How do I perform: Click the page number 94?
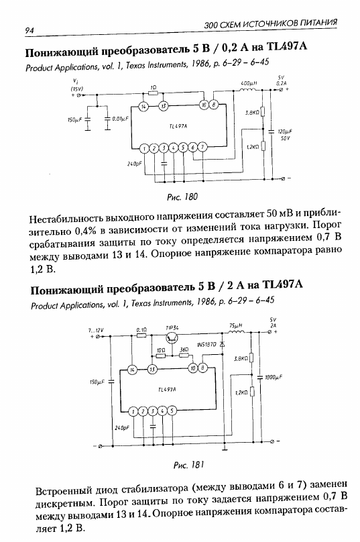[29, 30]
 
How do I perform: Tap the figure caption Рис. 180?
[182, 197]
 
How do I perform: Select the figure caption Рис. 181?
[188, 465]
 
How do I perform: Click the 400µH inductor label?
[249, 83]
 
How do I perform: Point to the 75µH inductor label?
[236, 325]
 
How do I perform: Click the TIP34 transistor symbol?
[171, 337]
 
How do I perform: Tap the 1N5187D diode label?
[206, 345]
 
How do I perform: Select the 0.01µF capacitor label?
[120, 119]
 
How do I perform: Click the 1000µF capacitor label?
[274, 378]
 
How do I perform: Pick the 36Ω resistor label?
[184, 349]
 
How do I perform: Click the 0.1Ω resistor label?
[141, 330]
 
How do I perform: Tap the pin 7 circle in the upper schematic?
[202, 148]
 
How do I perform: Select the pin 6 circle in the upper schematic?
[193, 148]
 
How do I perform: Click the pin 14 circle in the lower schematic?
[132, 370]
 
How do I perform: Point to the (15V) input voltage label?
[76, 89]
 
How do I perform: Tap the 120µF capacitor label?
[285, 131]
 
